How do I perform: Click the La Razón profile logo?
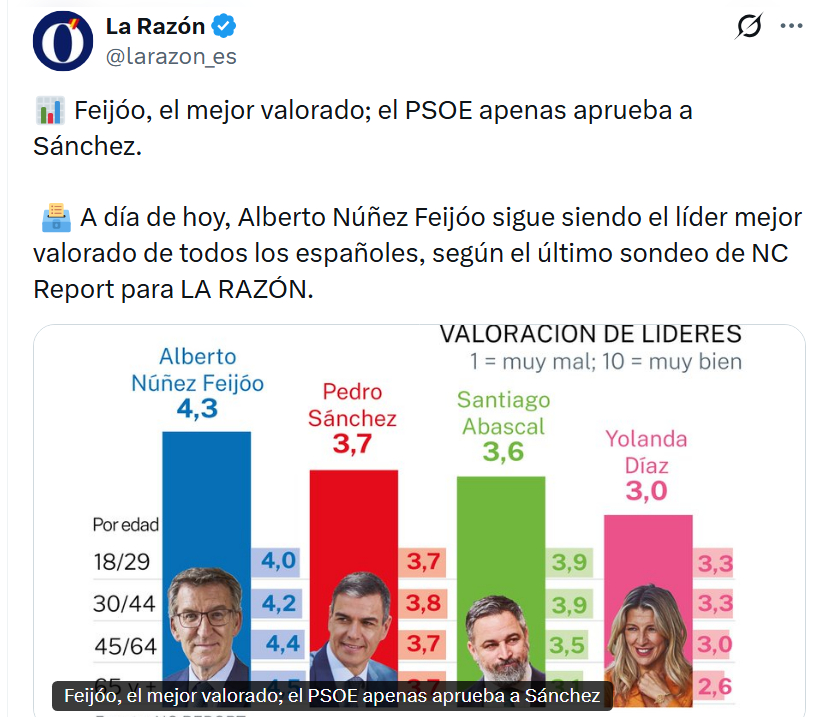click(64, 41)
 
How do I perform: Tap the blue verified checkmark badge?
click(226, 27)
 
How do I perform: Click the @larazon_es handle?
click(171, 57)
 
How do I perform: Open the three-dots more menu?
click(792, 27)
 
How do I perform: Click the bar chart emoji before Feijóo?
click(48, 110)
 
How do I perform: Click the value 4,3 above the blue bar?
click(197, 408)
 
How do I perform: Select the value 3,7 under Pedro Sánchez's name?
click(352, 444)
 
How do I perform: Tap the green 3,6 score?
click(502, 452)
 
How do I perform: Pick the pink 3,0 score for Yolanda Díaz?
click(646, 491)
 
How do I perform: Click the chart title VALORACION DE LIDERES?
click(592, 334)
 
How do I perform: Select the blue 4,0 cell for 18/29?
click(278, 561)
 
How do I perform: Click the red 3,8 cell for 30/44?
click(424, 603)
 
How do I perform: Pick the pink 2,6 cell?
click(715, 686)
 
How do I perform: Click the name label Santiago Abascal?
click(502, 412)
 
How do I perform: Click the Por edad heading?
click(125, 524)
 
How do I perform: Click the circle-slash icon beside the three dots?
click(748, 27)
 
